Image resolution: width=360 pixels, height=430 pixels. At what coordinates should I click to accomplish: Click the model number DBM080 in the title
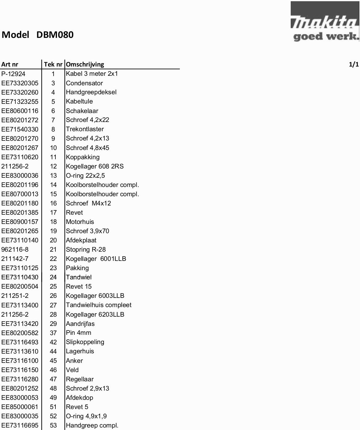(55, 35)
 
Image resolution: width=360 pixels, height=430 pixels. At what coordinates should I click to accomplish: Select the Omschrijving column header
(85, 64)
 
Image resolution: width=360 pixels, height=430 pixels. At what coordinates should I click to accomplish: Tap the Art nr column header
(10, 64)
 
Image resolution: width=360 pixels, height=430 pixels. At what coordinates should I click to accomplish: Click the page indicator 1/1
(354, 64)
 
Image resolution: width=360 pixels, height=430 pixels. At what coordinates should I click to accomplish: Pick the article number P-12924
(14, 74)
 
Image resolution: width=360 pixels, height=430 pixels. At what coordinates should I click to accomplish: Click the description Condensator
(84, 83)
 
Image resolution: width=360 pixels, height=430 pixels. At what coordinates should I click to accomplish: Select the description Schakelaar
(82, 111)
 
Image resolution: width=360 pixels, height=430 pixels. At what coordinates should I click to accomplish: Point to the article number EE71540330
(20, 129)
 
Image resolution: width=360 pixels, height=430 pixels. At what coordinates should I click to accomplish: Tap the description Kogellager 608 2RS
(95, 166)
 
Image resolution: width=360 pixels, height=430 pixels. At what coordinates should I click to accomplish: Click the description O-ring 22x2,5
(85, 176)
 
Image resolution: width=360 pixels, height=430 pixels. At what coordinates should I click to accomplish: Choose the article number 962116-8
(15, 249)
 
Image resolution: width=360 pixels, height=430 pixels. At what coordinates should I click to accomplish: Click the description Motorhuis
(80, 222)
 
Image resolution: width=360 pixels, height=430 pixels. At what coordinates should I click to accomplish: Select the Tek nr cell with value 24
(53, 277)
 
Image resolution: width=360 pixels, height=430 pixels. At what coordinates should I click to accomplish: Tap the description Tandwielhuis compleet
(99, 305)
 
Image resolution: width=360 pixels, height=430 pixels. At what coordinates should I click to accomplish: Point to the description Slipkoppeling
(85, 342)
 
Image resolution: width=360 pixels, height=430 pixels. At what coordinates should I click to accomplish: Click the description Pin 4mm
(79, 333)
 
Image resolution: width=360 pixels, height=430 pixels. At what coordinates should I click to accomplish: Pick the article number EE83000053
(20, 398)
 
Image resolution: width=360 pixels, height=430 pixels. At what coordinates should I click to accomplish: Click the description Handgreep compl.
(92, 425)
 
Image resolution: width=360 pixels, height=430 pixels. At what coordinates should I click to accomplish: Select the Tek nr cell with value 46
(53, 370)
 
